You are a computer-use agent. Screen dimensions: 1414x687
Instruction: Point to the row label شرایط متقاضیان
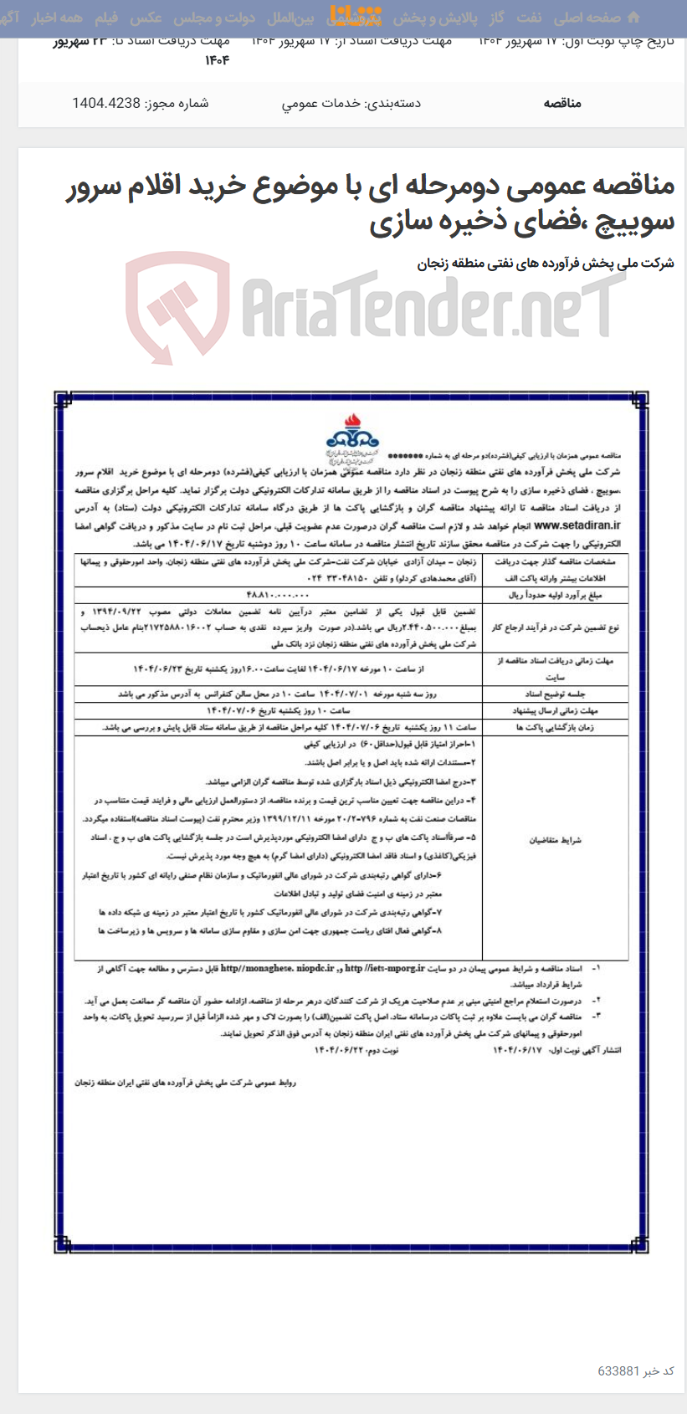point(555,839)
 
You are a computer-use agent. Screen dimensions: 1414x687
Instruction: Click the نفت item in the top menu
point(528,18)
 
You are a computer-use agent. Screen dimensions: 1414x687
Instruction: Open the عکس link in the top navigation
point(146,18)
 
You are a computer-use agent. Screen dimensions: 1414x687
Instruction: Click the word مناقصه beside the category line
point(562,103)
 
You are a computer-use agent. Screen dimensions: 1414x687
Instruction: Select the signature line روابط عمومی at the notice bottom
point(185,1082)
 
